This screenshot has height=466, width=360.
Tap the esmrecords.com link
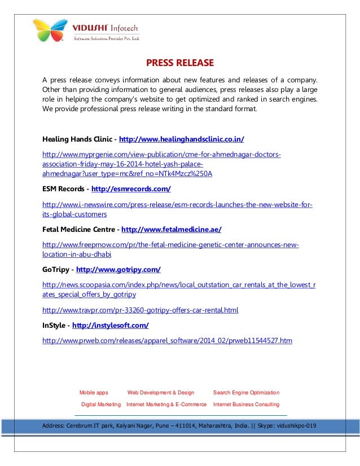[x=131, y=188]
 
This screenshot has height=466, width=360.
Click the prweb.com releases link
[x=167, y=340]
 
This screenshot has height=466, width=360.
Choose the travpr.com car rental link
[x=141, y=310]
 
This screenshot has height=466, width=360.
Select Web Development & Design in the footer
[x=161, y=392]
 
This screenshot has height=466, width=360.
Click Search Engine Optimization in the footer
[x=246, y=392]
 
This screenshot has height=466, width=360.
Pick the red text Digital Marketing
[x=101, y=405]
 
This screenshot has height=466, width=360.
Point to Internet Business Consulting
[x=246, y=405]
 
